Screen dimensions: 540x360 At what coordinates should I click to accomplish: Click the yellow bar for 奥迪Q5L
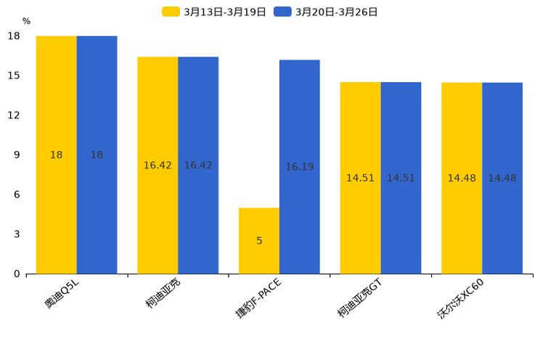(x=56, y=155)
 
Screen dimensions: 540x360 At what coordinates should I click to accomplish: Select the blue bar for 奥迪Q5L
(x=97, y=155)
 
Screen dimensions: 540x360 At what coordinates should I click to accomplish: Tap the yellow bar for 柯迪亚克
(x=157, y=165)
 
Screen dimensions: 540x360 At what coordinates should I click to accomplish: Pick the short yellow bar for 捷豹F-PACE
(x=259, y=241)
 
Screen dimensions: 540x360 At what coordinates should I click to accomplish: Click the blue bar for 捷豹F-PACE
(x=300, y=167)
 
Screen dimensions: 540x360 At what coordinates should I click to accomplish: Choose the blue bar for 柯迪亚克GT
(x=401, y=178)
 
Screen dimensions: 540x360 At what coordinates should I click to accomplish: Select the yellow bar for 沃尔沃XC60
(x=462, y=179)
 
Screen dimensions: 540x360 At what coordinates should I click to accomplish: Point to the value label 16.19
(x=300, y=167)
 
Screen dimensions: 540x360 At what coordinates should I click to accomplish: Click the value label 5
(x=259, y=241)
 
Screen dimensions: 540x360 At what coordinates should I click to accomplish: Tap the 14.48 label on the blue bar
(x=502, y=178)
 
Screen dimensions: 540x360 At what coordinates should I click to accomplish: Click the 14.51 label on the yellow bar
(x=360, y=178)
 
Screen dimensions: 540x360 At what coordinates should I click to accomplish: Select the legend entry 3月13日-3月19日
(x=214, y=12)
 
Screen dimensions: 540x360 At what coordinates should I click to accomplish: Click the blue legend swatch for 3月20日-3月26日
(x=282, y=12)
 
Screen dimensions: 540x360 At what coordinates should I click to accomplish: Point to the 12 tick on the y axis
(x=14, y=115)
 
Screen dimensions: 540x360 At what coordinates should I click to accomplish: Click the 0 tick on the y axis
(x=17, y=274)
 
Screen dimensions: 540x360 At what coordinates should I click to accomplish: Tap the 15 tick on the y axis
(x=14, y=75)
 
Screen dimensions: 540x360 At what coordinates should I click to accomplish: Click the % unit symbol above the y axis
(x=27, y=21)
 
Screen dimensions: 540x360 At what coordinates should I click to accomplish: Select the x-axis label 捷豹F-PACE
(x=258, y=298)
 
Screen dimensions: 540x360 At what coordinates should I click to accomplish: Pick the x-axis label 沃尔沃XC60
(x=460, y=299)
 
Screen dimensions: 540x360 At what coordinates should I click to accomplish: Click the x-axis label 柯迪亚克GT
(x=359, y=298)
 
